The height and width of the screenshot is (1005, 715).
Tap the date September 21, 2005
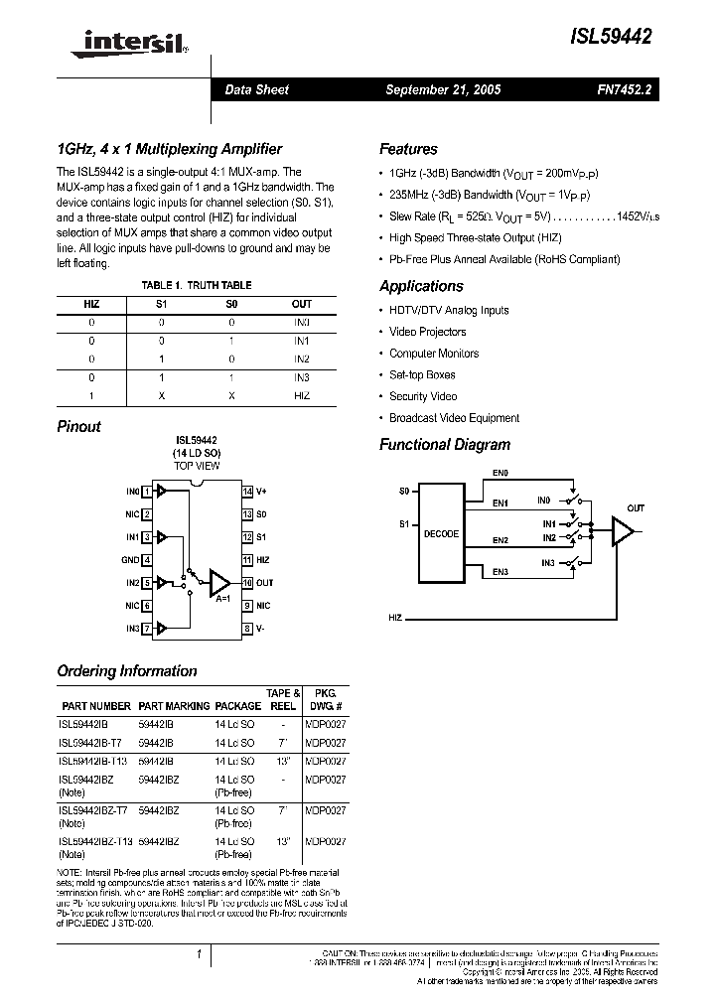[x=443, y=89]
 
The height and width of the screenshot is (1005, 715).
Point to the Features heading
[x=408, y=149]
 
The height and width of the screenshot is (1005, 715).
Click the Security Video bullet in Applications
[x=423, y=396]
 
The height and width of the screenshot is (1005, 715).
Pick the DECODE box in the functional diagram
[x=442, y=533]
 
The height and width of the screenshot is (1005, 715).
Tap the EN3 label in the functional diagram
[x=500, y=571]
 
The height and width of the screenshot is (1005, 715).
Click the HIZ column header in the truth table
[x=91, y=304]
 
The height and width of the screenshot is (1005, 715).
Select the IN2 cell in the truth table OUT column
[x=302, y=359]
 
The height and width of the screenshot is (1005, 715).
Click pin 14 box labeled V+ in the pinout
[x=248, y=492]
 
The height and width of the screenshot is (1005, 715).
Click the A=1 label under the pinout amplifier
[x=224, y=599]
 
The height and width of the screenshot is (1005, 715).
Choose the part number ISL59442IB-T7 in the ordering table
[x=92, y=743]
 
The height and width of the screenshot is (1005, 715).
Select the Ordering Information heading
[x=127, y=670]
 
